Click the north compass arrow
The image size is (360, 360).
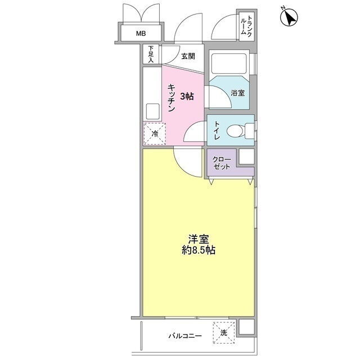coord(290,17)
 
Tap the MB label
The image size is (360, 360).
coord(141,34)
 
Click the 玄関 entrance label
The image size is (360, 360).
coord(188,56)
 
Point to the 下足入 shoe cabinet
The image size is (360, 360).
coord(151,55)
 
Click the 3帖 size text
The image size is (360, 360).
coord(187,96)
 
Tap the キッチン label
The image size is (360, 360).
coord(172,98)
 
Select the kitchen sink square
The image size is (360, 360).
coord(152,111)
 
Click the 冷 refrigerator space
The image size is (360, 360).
coord(155,134)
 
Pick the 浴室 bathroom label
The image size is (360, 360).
coord(238,93)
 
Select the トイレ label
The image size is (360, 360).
coord(217,130)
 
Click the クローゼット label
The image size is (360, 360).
coord(222,163)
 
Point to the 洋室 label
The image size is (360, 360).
coord(198,239)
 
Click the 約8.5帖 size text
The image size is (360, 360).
coord(199,250)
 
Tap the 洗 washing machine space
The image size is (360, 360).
coord(224,332)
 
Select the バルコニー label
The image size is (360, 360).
coord(185,336)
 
